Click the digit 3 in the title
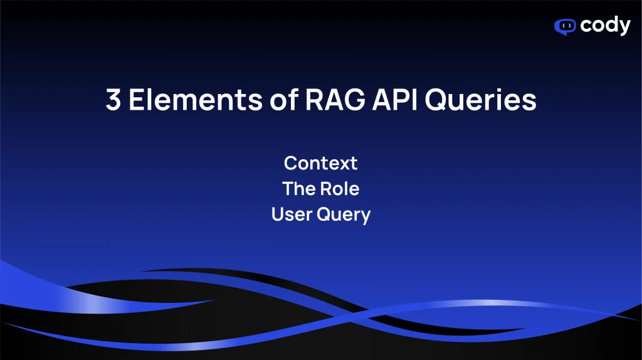pos(113,100)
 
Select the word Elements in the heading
pos(196,100)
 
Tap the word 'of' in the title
pos(285,99)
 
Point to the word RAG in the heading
pos(335,100)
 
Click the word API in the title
pos(395,100)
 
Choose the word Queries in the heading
pos(481,100)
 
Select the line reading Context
pos(320,163)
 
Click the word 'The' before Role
pos(298,189)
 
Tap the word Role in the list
pos(339,189)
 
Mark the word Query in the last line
pos(344,215)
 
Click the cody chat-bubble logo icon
pos(565,27)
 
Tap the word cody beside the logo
pos(605,26)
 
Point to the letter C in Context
pos(291,163)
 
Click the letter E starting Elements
pos(136,100)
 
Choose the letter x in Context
pos(344,165)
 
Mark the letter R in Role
pos(325,189)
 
